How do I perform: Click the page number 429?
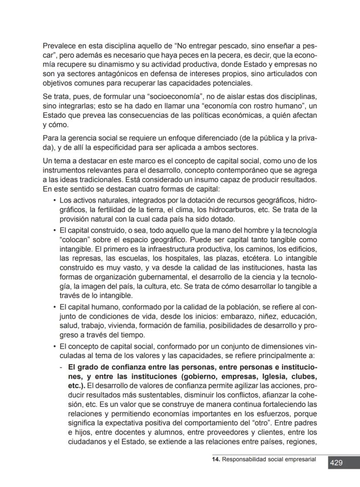(336, 463)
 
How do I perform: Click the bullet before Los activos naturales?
(54, 201)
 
